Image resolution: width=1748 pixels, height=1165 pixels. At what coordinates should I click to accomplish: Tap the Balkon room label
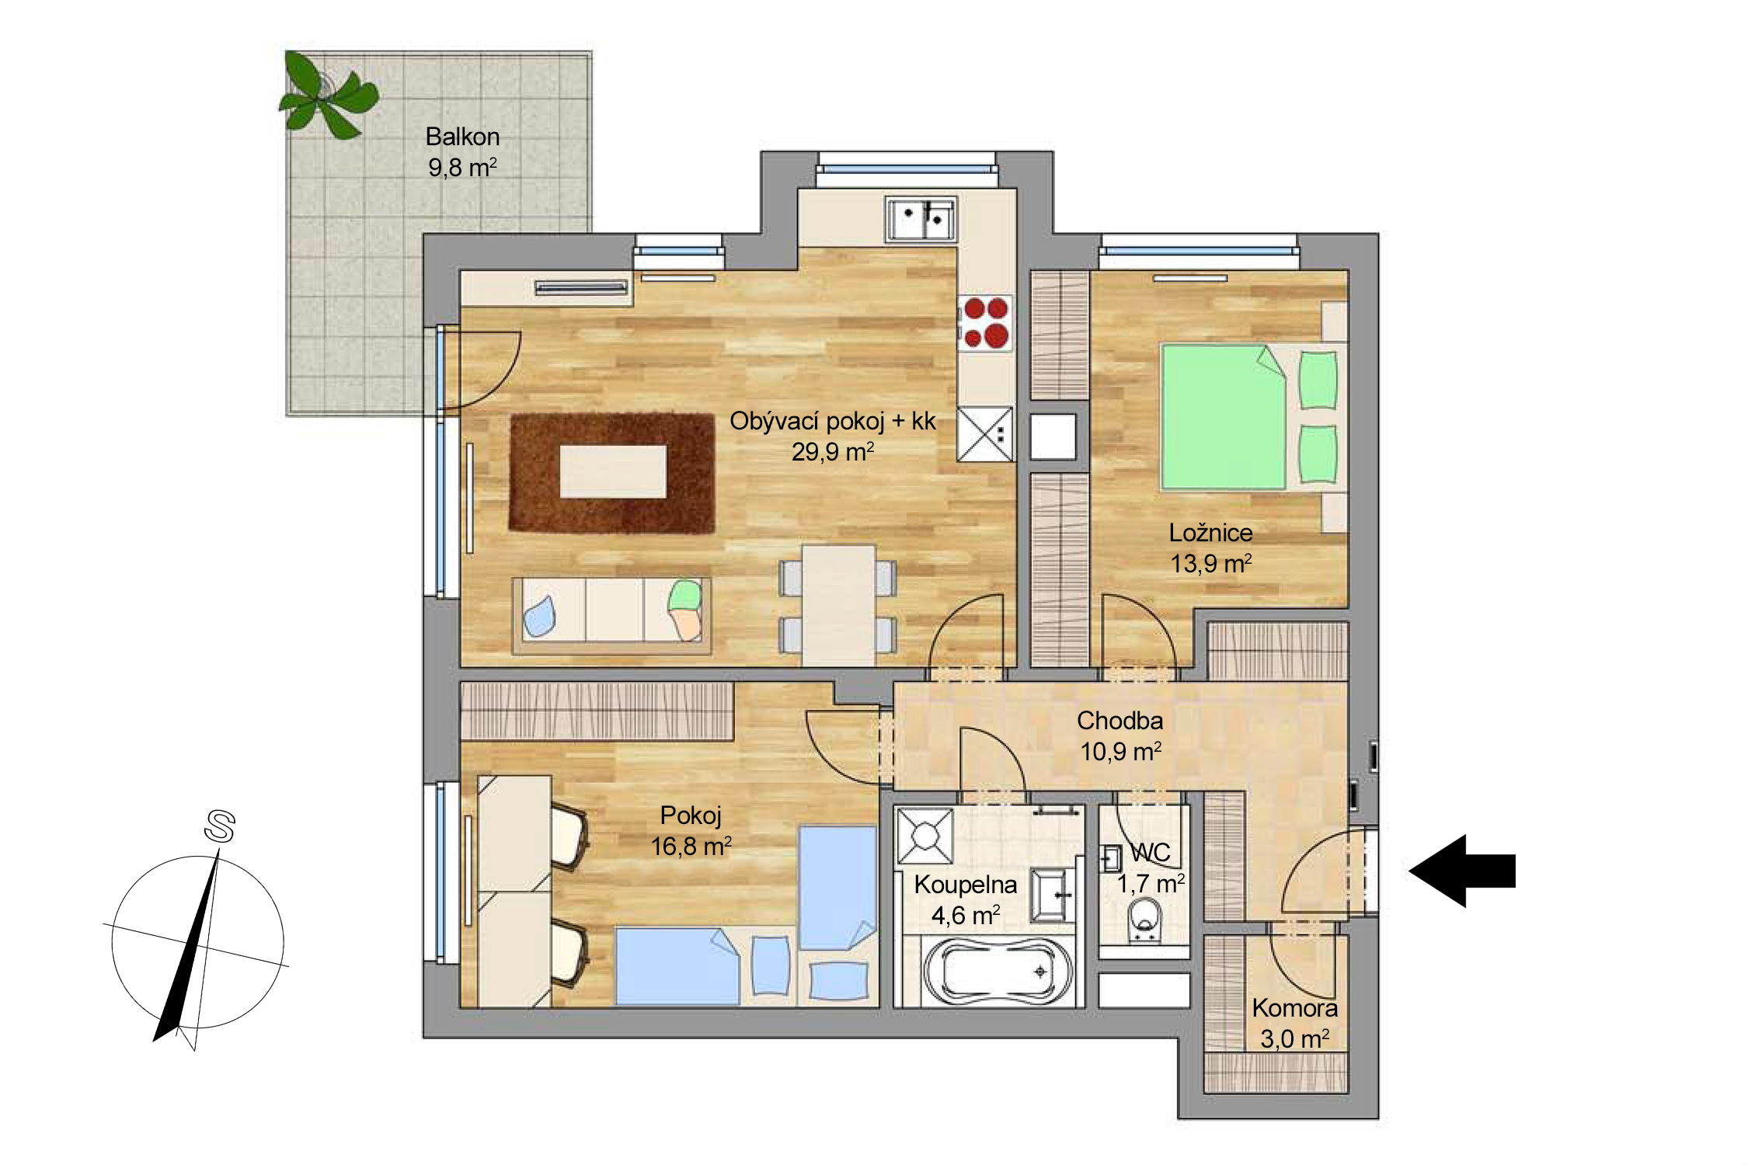tap(462, 137)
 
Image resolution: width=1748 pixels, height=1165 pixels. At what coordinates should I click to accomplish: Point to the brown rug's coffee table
tap(613, 471)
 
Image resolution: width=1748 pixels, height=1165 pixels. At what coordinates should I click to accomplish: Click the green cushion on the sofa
tap(685, 596)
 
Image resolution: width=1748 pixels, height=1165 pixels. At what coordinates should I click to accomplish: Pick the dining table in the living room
tap(838, 606)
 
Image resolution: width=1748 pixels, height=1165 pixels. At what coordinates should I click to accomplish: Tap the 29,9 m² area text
tap(833, 451)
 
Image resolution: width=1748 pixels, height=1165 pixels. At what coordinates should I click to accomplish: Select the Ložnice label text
tap(1210, 533)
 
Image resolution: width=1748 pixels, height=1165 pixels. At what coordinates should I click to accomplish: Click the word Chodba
tap(1119, 721)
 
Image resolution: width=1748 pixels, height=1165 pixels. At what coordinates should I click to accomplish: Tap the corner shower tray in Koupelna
tap(925, 836)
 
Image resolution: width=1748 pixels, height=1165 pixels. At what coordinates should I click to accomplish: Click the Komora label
tap(1294, 1008)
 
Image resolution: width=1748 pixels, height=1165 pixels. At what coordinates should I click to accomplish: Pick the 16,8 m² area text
tap(691, 846)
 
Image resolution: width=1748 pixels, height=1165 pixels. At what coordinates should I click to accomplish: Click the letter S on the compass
tap(220, 826)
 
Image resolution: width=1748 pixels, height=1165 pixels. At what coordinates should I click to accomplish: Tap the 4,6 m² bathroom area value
tap(965, 916)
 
